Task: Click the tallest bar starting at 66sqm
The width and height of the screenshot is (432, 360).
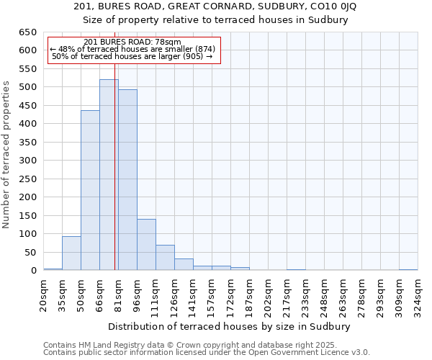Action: (109, 175)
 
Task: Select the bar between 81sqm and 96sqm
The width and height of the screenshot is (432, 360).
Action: (127, 180)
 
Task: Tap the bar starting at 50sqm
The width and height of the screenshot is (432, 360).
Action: (90, 191)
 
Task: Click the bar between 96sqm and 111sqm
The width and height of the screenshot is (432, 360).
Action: (146, 245)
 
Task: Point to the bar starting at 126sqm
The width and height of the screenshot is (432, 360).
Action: (184, 264)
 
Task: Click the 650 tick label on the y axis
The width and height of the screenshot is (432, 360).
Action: (27, 32)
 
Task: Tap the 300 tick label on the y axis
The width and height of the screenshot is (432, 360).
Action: (27, 161)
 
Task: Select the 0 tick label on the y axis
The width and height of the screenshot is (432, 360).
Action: (32, 271)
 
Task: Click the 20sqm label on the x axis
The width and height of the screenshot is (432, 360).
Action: (44, 294)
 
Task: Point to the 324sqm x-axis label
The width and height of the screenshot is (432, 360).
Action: (418, 294)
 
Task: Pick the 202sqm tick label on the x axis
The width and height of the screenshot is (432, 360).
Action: (269, 294)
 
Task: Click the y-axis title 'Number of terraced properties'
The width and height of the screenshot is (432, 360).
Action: (6, 155)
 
